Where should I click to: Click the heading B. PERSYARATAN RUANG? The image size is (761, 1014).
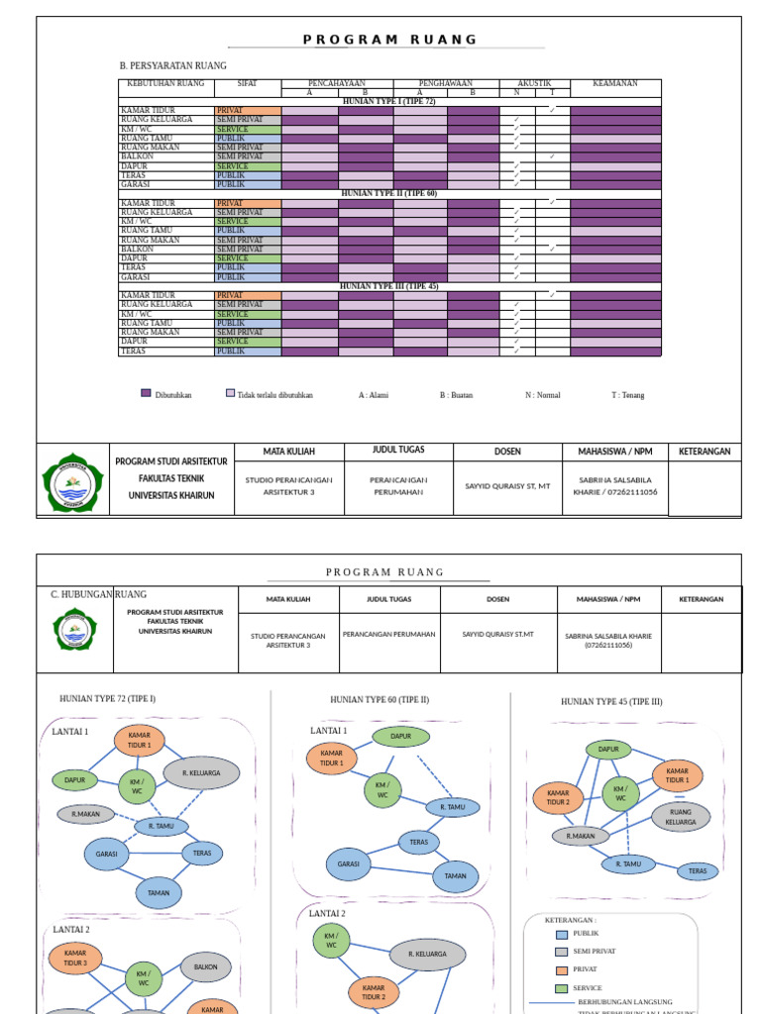172,66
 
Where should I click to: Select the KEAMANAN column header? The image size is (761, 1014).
615,84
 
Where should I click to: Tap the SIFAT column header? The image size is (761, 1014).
248,84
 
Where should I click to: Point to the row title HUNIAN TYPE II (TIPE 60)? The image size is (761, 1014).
388,194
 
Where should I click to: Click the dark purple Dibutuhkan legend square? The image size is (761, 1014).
147,394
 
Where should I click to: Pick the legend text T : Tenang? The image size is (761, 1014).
627,395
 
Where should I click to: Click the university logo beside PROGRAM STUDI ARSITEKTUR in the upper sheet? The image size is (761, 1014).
73,482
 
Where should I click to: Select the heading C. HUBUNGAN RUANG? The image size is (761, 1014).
98,594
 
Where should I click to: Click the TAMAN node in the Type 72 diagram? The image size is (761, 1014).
159,893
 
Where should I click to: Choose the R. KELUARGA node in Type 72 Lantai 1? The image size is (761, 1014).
201,772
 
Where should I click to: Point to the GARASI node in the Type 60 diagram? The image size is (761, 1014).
348,864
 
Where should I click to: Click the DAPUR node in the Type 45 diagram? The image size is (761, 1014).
608,750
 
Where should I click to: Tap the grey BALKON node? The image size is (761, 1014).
205,967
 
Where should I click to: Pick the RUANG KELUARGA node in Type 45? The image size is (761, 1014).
681,817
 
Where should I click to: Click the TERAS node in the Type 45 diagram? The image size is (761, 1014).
698,871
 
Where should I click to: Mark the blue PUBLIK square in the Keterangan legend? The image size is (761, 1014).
562,934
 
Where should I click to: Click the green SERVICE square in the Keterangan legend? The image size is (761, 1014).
562,988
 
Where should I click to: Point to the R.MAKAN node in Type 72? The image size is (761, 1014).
86,815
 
